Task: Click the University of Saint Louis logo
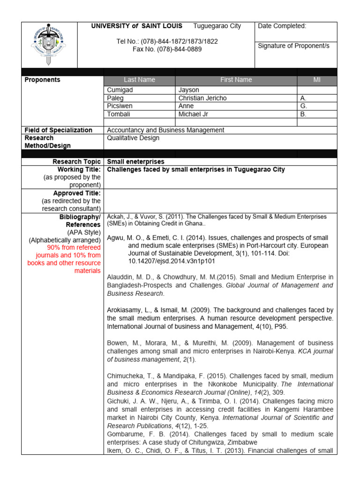pyautogui.click(x=49, y=45)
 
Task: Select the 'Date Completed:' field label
pyautogui.click(x=282, y=26)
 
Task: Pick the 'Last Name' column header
pyautogui.click(x=139, y=80)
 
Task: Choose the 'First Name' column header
pyautogui.click(x=236, y=80)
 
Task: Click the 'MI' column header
pyautogui.click(x=316, y=80)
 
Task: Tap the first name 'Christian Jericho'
pyautogui.click(x=203, y=98)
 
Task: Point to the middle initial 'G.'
pyautogui.click(x=303, y=106)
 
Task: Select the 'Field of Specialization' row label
pyautogui.click(x=58, y=130)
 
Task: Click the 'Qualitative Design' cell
pyautogui.click(x=133, y=138)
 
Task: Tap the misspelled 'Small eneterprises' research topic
pyautogui.click(x=136, y=162)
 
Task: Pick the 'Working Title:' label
pyautogui.click(x=79, y=169)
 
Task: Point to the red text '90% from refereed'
pyautogui.click(x=74, y=247)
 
